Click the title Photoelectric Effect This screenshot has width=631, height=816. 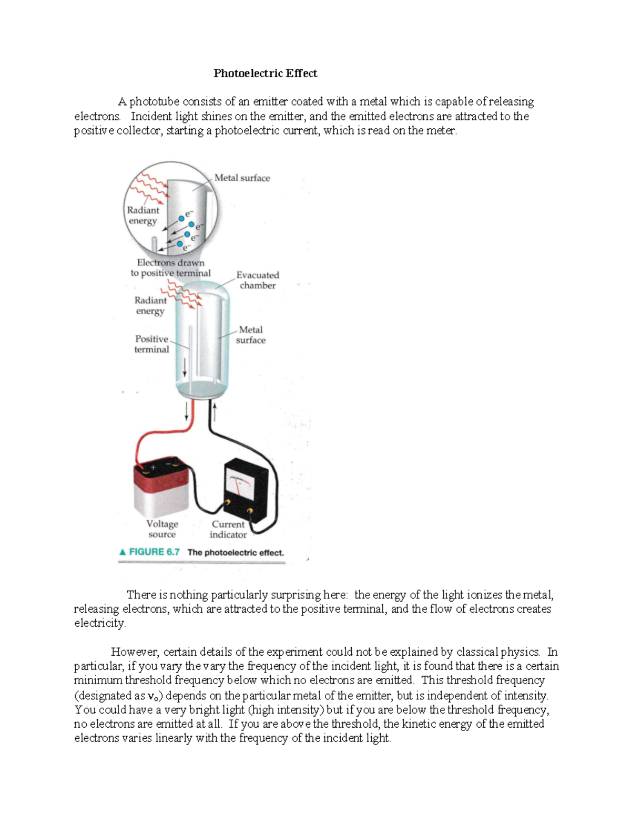click(x=265, y=74)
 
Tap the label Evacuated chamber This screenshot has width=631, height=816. click(x=258, y=280)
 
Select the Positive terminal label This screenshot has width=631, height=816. click(x=151, y=344)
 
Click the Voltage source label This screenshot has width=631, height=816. click(x=162, y=529)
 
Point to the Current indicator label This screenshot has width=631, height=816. click(x=228, y=529)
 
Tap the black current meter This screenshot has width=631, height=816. click(x=246, y=489)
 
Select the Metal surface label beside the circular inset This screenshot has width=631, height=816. click(x=242, y=178)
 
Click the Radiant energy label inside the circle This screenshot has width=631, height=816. click(x=143, y=215)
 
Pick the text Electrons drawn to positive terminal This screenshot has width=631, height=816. click(x=170, y=268)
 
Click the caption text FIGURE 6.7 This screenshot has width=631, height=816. click(x=154, y=552)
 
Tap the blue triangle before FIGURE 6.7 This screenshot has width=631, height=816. click(x=123, y=552)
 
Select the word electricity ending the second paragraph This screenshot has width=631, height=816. click(x=100, y=624)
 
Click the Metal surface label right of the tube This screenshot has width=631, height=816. click(x=251, y=335)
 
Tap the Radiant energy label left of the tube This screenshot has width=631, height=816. click(x=150, y=306)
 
